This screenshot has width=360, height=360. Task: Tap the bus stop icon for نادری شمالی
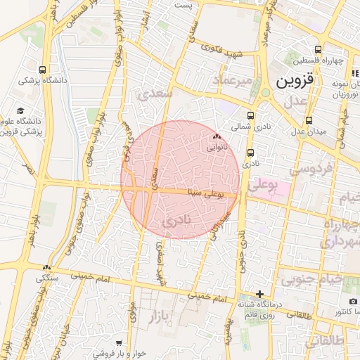250,117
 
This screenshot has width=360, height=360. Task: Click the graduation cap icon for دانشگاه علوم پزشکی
21,110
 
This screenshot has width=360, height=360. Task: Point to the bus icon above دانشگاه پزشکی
43,70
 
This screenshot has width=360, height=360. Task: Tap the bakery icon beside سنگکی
47,267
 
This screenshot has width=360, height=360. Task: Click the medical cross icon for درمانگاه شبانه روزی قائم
259,294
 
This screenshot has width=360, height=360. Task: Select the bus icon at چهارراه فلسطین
318,49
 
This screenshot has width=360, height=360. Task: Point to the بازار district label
160,318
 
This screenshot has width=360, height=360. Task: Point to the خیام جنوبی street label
311,280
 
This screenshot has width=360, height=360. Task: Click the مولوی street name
131,311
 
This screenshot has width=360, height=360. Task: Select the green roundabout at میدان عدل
266,92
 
